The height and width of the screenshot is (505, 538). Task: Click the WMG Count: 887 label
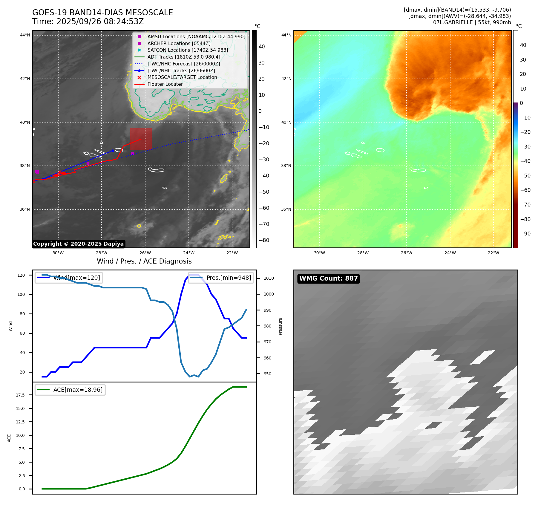328,278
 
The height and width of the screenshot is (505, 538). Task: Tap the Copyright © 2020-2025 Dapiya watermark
78,244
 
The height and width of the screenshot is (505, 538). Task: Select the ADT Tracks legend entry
183,57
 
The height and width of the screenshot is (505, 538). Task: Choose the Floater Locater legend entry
165,84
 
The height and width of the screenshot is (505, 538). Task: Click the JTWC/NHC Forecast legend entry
183,64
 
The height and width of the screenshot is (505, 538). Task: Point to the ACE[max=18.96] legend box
70,390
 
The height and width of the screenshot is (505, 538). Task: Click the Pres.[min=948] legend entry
221,278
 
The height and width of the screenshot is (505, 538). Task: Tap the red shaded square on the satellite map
141,139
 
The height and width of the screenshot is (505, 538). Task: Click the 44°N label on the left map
25,35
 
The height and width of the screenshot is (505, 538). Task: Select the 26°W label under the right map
406,253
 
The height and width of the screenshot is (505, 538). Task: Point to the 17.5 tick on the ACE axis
20,395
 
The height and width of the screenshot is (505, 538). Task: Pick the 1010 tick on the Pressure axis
269,278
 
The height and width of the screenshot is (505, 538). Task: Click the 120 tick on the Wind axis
21,275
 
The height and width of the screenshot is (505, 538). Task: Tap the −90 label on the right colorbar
525,234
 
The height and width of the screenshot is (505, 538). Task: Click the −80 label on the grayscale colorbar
264,240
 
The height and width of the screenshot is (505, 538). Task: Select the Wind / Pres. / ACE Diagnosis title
144,261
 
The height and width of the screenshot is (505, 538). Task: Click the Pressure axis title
280,326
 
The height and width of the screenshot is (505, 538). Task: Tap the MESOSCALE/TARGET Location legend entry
182,77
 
